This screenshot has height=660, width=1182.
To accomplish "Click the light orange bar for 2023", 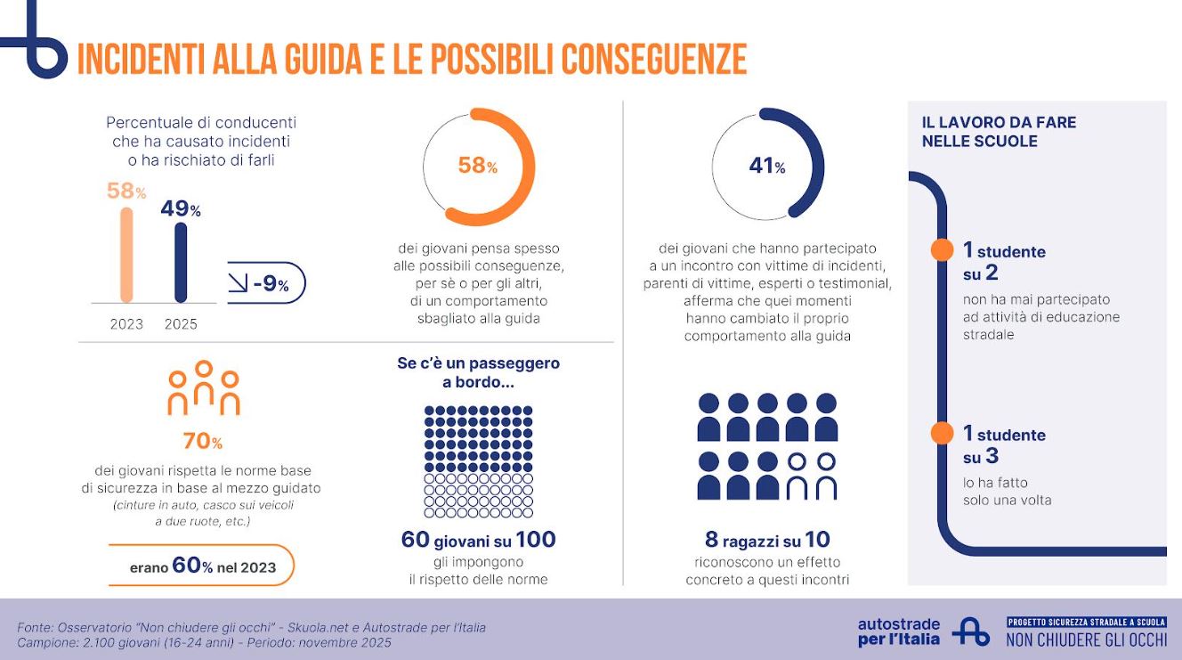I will coord(126,255).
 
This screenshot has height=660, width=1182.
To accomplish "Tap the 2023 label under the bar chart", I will coord(126,324).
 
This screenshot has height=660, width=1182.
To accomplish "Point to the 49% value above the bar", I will coord(181,209).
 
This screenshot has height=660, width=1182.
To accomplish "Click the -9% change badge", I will coord(266,284).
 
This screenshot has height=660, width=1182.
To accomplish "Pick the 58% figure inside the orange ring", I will coord(477,166).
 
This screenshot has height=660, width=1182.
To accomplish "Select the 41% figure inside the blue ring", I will coord(766,165).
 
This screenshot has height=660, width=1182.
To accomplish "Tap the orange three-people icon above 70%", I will coord(204,388).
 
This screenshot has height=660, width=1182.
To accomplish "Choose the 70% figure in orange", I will coord(202,441).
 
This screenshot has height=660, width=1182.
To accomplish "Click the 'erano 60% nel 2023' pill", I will coord(202,566).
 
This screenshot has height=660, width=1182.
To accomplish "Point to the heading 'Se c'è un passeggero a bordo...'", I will coord(478,373).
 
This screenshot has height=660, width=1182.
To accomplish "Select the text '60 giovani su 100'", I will coord(478,540).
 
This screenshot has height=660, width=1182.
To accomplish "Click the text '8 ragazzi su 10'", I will coord(767,540).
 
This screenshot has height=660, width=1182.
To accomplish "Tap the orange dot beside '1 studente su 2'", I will coord(941,250).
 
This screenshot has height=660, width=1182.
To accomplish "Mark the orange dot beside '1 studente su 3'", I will coord(941,434).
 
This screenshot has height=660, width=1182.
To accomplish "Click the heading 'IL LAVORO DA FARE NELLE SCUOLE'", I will coord(999,131).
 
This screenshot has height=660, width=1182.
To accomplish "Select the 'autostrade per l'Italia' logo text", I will coord(898,631).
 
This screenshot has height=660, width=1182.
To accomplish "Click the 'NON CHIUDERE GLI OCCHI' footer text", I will coord(1086,639).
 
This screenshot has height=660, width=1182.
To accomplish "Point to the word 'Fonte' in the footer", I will coord(35,628).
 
